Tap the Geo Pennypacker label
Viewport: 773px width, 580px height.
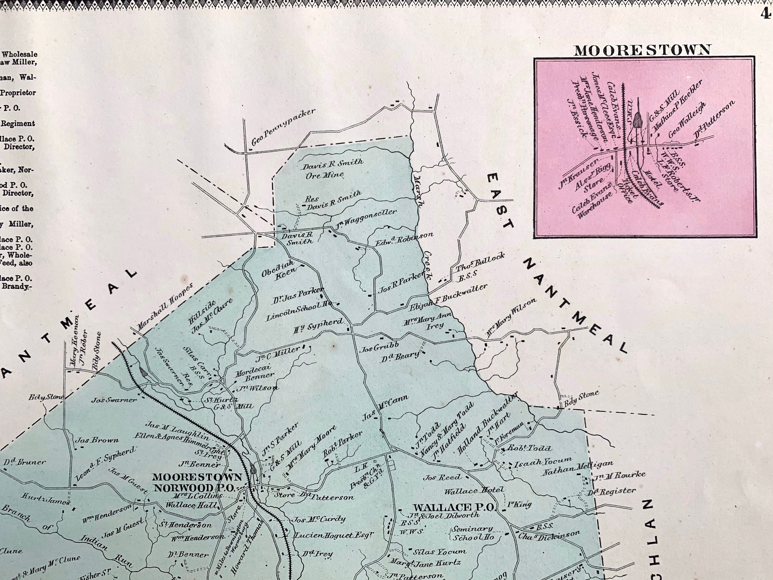283,128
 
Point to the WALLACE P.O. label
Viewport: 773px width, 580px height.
453,507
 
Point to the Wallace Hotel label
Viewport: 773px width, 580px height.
474,491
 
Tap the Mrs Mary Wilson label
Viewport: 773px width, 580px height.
511,318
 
